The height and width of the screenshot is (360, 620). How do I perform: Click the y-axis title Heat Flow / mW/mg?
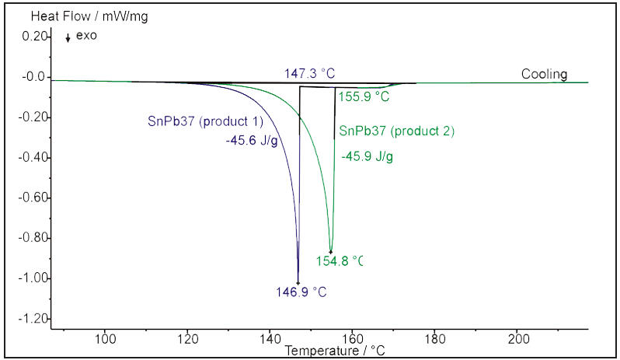point(78,14)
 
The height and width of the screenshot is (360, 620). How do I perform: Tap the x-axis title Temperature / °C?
point(335,351)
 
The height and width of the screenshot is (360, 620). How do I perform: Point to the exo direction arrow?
point(68,37)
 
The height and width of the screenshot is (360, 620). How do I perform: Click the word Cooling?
point(544,75)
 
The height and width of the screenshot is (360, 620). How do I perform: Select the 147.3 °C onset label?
point(309,73)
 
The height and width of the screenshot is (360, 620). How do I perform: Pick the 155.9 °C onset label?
point(363,96)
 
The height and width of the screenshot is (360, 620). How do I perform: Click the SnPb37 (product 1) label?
point(206,121)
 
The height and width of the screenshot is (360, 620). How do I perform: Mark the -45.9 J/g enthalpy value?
point(367,156)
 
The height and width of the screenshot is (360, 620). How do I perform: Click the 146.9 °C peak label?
point(299,292)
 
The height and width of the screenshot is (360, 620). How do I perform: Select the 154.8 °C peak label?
point(339,261)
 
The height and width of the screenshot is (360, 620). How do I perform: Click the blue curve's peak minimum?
point(298,282)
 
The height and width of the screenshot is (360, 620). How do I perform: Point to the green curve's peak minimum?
point(331,252)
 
